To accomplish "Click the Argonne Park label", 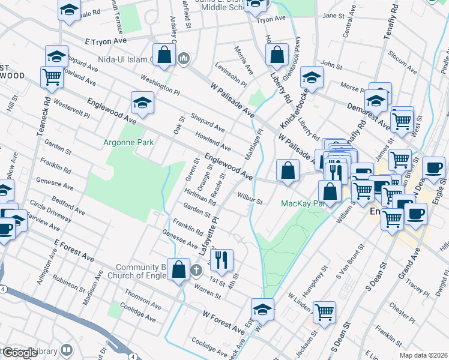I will click(129, 142).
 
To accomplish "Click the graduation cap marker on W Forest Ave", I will click(262, 309).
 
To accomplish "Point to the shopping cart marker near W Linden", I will click(324, 311).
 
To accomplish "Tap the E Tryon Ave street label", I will click(106, 41).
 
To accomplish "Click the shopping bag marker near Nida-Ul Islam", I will click(164, 55).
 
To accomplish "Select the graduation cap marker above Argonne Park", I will click(143, 103).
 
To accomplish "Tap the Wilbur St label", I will click(250, 199).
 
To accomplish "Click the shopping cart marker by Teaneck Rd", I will click(52, 77).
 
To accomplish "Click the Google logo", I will click(20, 353).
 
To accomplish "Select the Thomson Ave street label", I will click(143, 298).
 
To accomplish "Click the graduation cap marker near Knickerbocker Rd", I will click(312, 78).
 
